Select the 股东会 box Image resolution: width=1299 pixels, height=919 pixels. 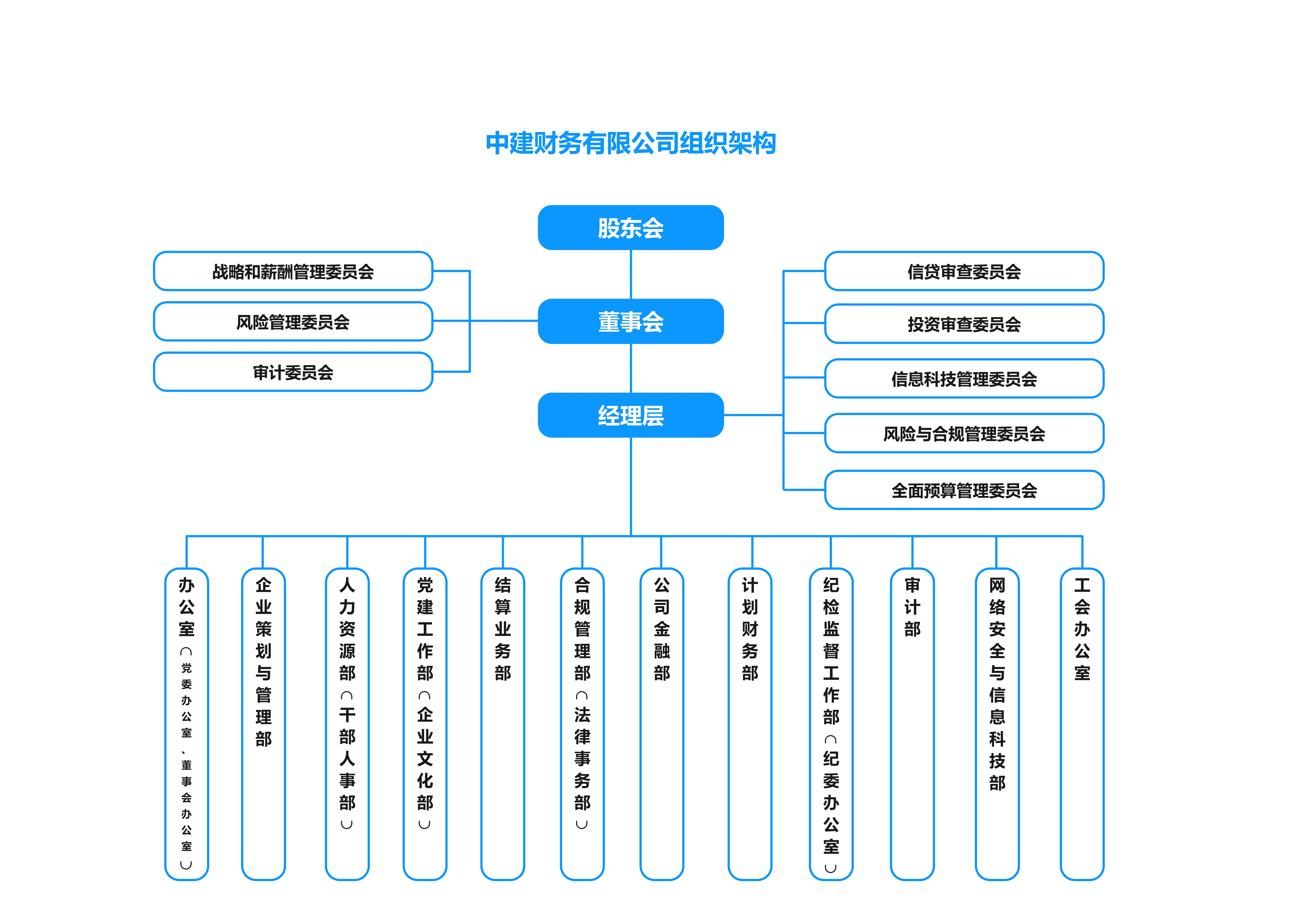[631, 228]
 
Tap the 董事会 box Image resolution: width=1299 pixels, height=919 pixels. [631, 321]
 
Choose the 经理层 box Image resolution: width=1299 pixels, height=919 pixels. [631, 415]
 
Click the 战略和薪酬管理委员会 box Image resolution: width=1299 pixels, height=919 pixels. [293, 271]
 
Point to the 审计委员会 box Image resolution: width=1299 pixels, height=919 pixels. [293, 372]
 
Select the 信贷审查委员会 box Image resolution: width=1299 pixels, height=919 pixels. [964, 271]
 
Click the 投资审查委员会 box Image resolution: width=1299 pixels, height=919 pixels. [964, 324]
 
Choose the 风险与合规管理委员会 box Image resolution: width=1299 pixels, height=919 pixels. [964, 433]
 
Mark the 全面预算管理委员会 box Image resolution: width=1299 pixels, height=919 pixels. [964, 490]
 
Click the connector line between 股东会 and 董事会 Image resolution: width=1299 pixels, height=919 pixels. [631, 275]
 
